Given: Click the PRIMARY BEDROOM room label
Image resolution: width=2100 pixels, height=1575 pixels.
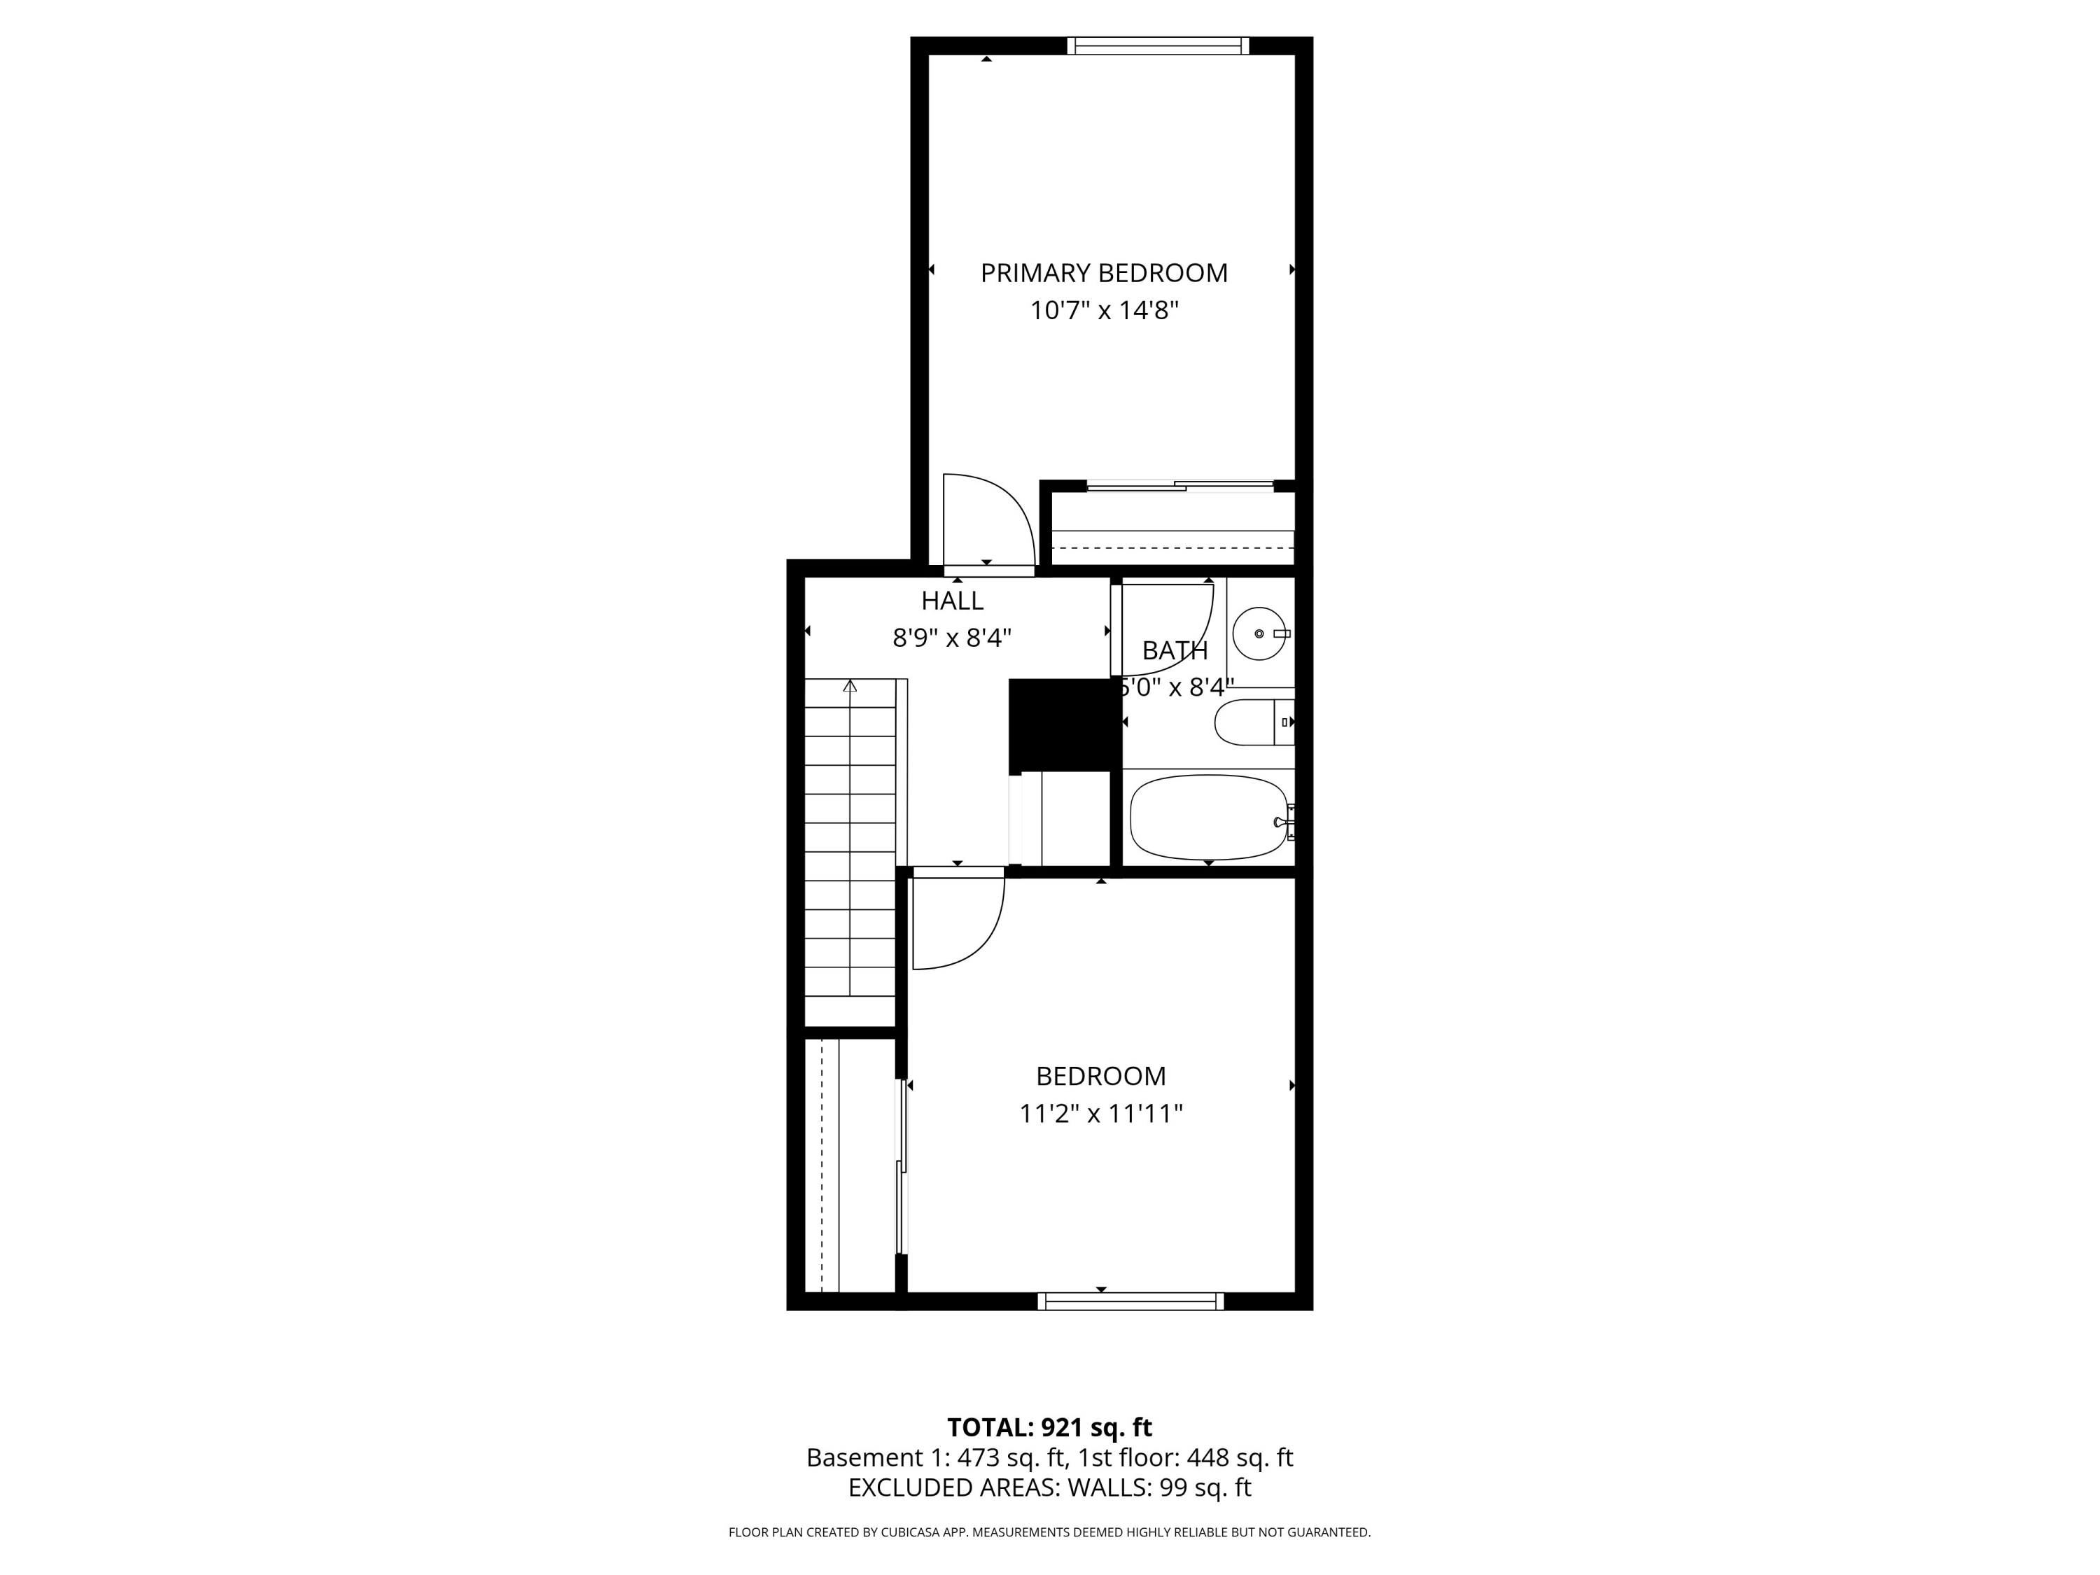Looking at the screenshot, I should [1103, 274].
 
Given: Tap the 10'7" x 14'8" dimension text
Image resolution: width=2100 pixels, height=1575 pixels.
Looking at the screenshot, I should [1103, 310].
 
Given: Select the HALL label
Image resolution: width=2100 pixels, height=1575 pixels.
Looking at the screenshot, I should [951, 601].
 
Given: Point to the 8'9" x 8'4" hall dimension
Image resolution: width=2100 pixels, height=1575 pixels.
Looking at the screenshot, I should [951, 638].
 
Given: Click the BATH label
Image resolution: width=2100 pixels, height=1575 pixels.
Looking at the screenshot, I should [1175, 651].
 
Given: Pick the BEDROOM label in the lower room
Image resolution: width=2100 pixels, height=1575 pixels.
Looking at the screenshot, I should [1100, 1077].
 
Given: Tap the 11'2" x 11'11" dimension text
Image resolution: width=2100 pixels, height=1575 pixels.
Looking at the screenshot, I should [1100, 1114].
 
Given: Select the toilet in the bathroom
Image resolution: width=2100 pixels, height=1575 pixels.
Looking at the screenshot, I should [1252, 723].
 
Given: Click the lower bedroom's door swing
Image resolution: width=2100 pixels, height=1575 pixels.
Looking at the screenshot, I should [956, 921].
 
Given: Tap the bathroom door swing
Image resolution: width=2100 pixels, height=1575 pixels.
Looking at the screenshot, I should [1165, 627].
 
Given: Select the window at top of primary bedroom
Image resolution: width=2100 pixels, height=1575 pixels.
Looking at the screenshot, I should [1157, 45].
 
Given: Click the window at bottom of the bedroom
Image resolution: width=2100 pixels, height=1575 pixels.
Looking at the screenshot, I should [1130, 1301].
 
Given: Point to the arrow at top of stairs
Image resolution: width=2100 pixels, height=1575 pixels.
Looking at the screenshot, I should [850, 685].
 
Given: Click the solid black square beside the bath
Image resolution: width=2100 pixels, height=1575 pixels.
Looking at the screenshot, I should [1060, 725].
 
